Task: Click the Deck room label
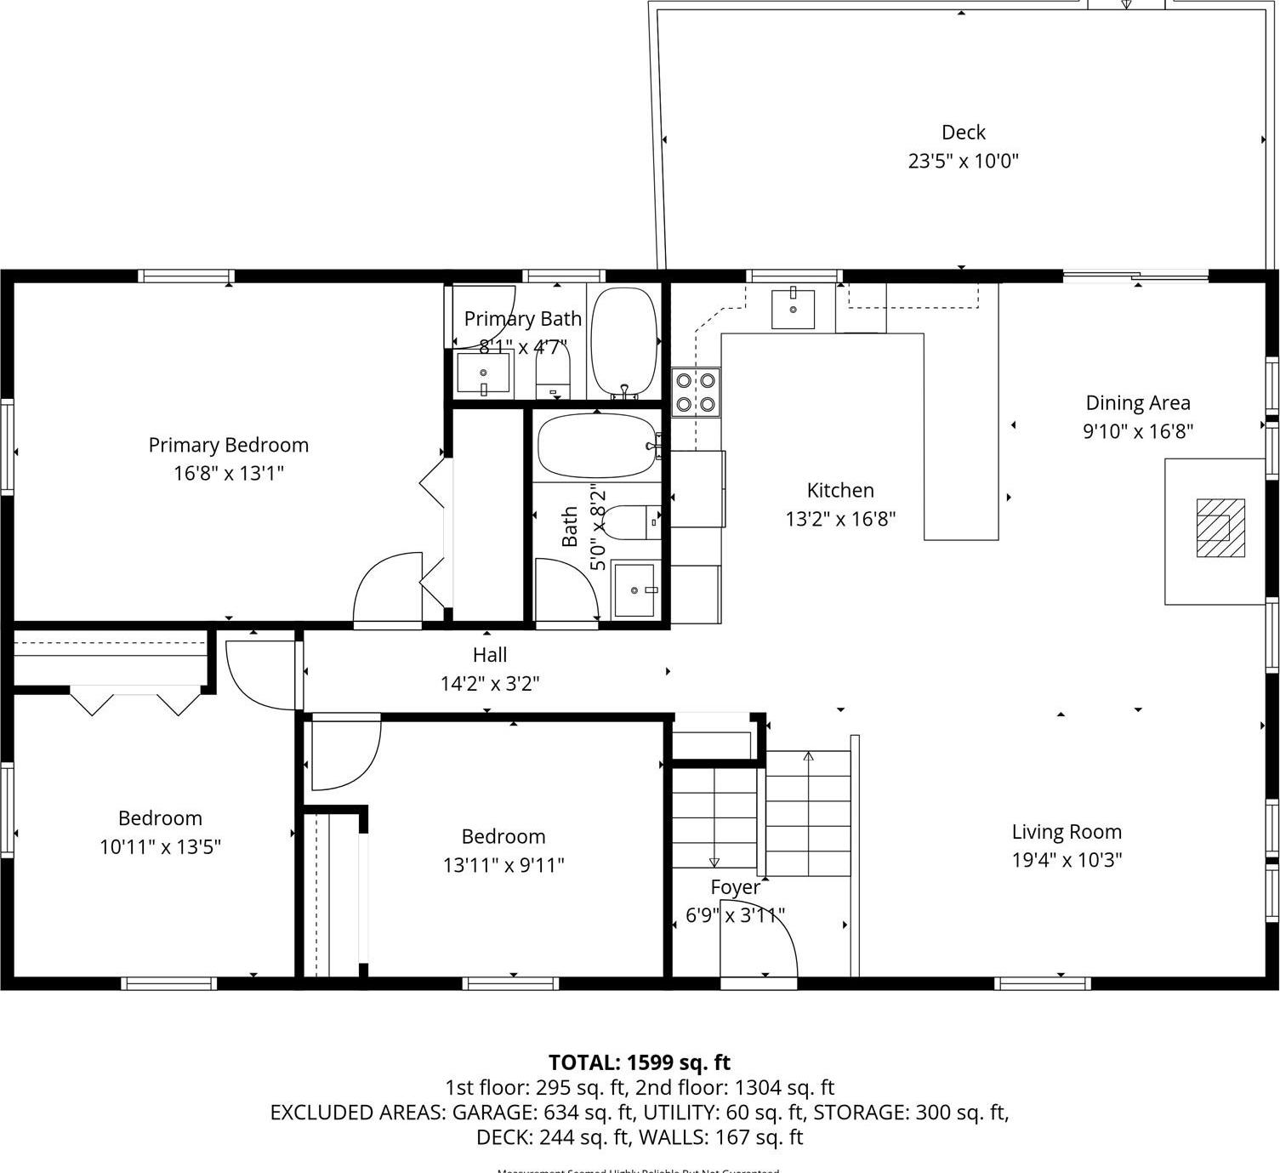coord(963,133)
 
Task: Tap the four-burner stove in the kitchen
coord(696,392)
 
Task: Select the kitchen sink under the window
coord(793,309)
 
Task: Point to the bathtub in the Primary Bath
coord(623,343)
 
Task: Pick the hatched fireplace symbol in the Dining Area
coord(1220,528)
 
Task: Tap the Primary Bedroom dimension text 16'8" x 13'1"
coord(228,473)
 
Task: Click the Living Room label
coord(1067,832)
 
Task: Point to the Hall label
coord(490,655)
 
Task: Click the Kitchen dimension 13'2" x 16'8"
coord(840,519)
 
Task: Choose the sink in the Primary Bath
coord(483,373)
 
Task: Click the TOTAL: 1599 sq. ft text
coord(640,1062)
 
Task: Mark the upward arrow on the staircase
coord(808,756)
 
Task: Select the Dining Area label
coord(1138,403)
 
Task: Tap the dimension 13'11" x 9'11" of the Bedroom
coord(503,865)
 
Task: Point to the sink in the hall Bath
coord(634,589)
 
